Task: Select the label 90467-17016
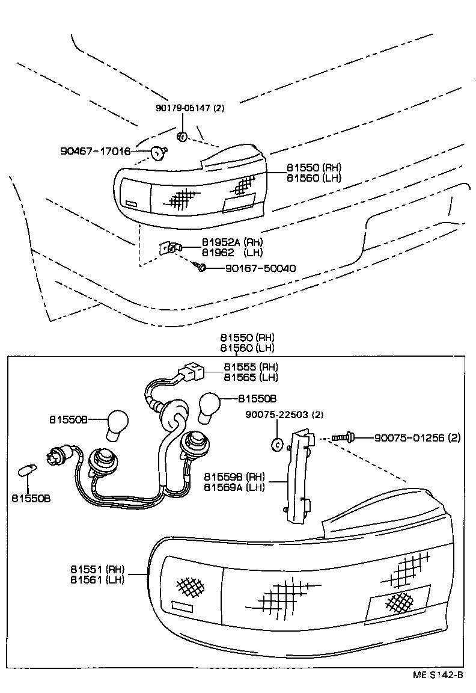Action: (96, 151)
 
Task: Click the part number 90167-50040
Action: (260, 268)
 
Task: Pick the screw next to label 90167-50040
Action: (201, 265)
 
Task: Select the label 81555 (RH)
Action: (251, 367)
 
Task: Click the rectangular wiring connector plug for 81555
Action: (194, 373)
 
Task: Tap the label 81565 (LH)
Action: (251, 377)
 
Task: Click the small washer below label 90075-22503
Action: (277, 445)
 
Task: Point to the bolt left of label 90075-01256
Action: (341, 438)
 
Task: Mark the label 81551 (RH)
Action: (97, 569)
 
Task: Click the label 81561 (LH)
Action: (97, 580)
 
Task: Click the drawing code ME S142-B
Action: (437, 675)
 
